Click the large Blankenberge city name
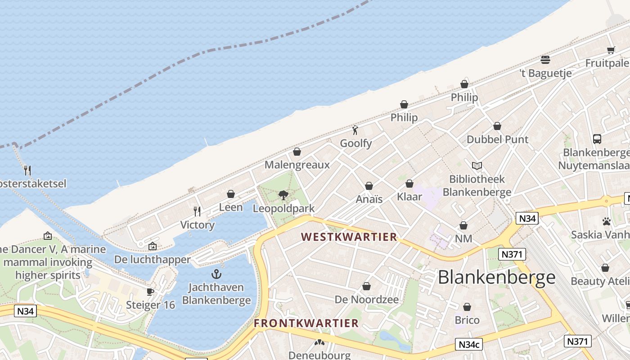pyautogui.click(x=496, y=277)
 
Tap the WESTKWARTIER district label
pyautogui.click(x=349, y=237)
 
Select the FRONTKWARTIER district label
pyautogui.click(x=306, y=323)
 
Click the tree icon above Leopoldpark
pyautogui.click(x=283, y=195)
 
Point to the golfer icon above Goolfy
pyautogui.click(x=355, y=130)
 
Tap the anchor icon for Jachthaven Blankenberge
pyautogui.click(x=216, y=274)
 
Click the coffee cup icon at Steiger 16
pyautogui.click(x=150, y=292)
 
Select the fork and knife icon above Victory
pyautogui.click(x=197, y=211)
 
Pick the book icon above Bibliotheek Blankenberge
pyautogui.click(x=477, y=166)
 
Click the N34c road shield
pyautogui.click(x=468, y=344)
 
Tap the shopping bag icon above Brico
pyautogui.click(x=467, y=307)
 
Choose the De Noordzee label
pyautogui.click(x=367, y=299)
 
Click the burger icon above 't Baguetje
pyautogui.click(x=545, y=60)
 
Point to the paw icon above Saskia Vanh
pyautogui.click(x=606, y=221)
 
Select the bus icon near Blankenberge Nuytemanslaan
pyautogui.click(x=597, y=139)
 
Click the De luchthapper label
pyautogui.click(x=153, y=260)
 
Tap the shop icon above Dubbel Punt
pyautogui.click(x=497, y=126)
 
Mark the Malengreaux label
pyautogui.click(x=297, y=165)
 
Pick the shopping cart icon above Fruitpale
pyautogui.click(x=611, y=50)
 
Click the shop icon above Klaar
pyautogui.click(x=409, y=184)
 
